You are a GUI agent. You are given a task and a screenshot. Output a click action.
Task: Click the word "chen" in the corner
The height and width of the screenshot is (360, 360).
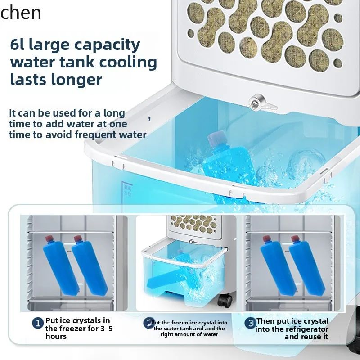click(22, 13)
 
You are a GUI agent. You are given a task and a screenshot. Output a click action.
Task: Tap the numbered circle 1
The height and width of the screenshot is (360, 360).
click(38, 323)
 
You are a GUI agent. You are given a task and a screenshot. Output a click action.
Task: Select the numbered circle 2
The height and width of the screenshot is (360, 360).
click(148, 323)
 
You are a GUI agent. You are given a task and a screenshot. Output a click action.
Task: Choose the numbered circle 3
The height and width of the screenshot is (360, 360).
click(250, 323)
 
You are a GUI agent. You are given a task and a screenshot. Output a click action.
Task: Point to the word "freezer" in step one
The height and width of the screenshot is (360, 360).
click(72, 328)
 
